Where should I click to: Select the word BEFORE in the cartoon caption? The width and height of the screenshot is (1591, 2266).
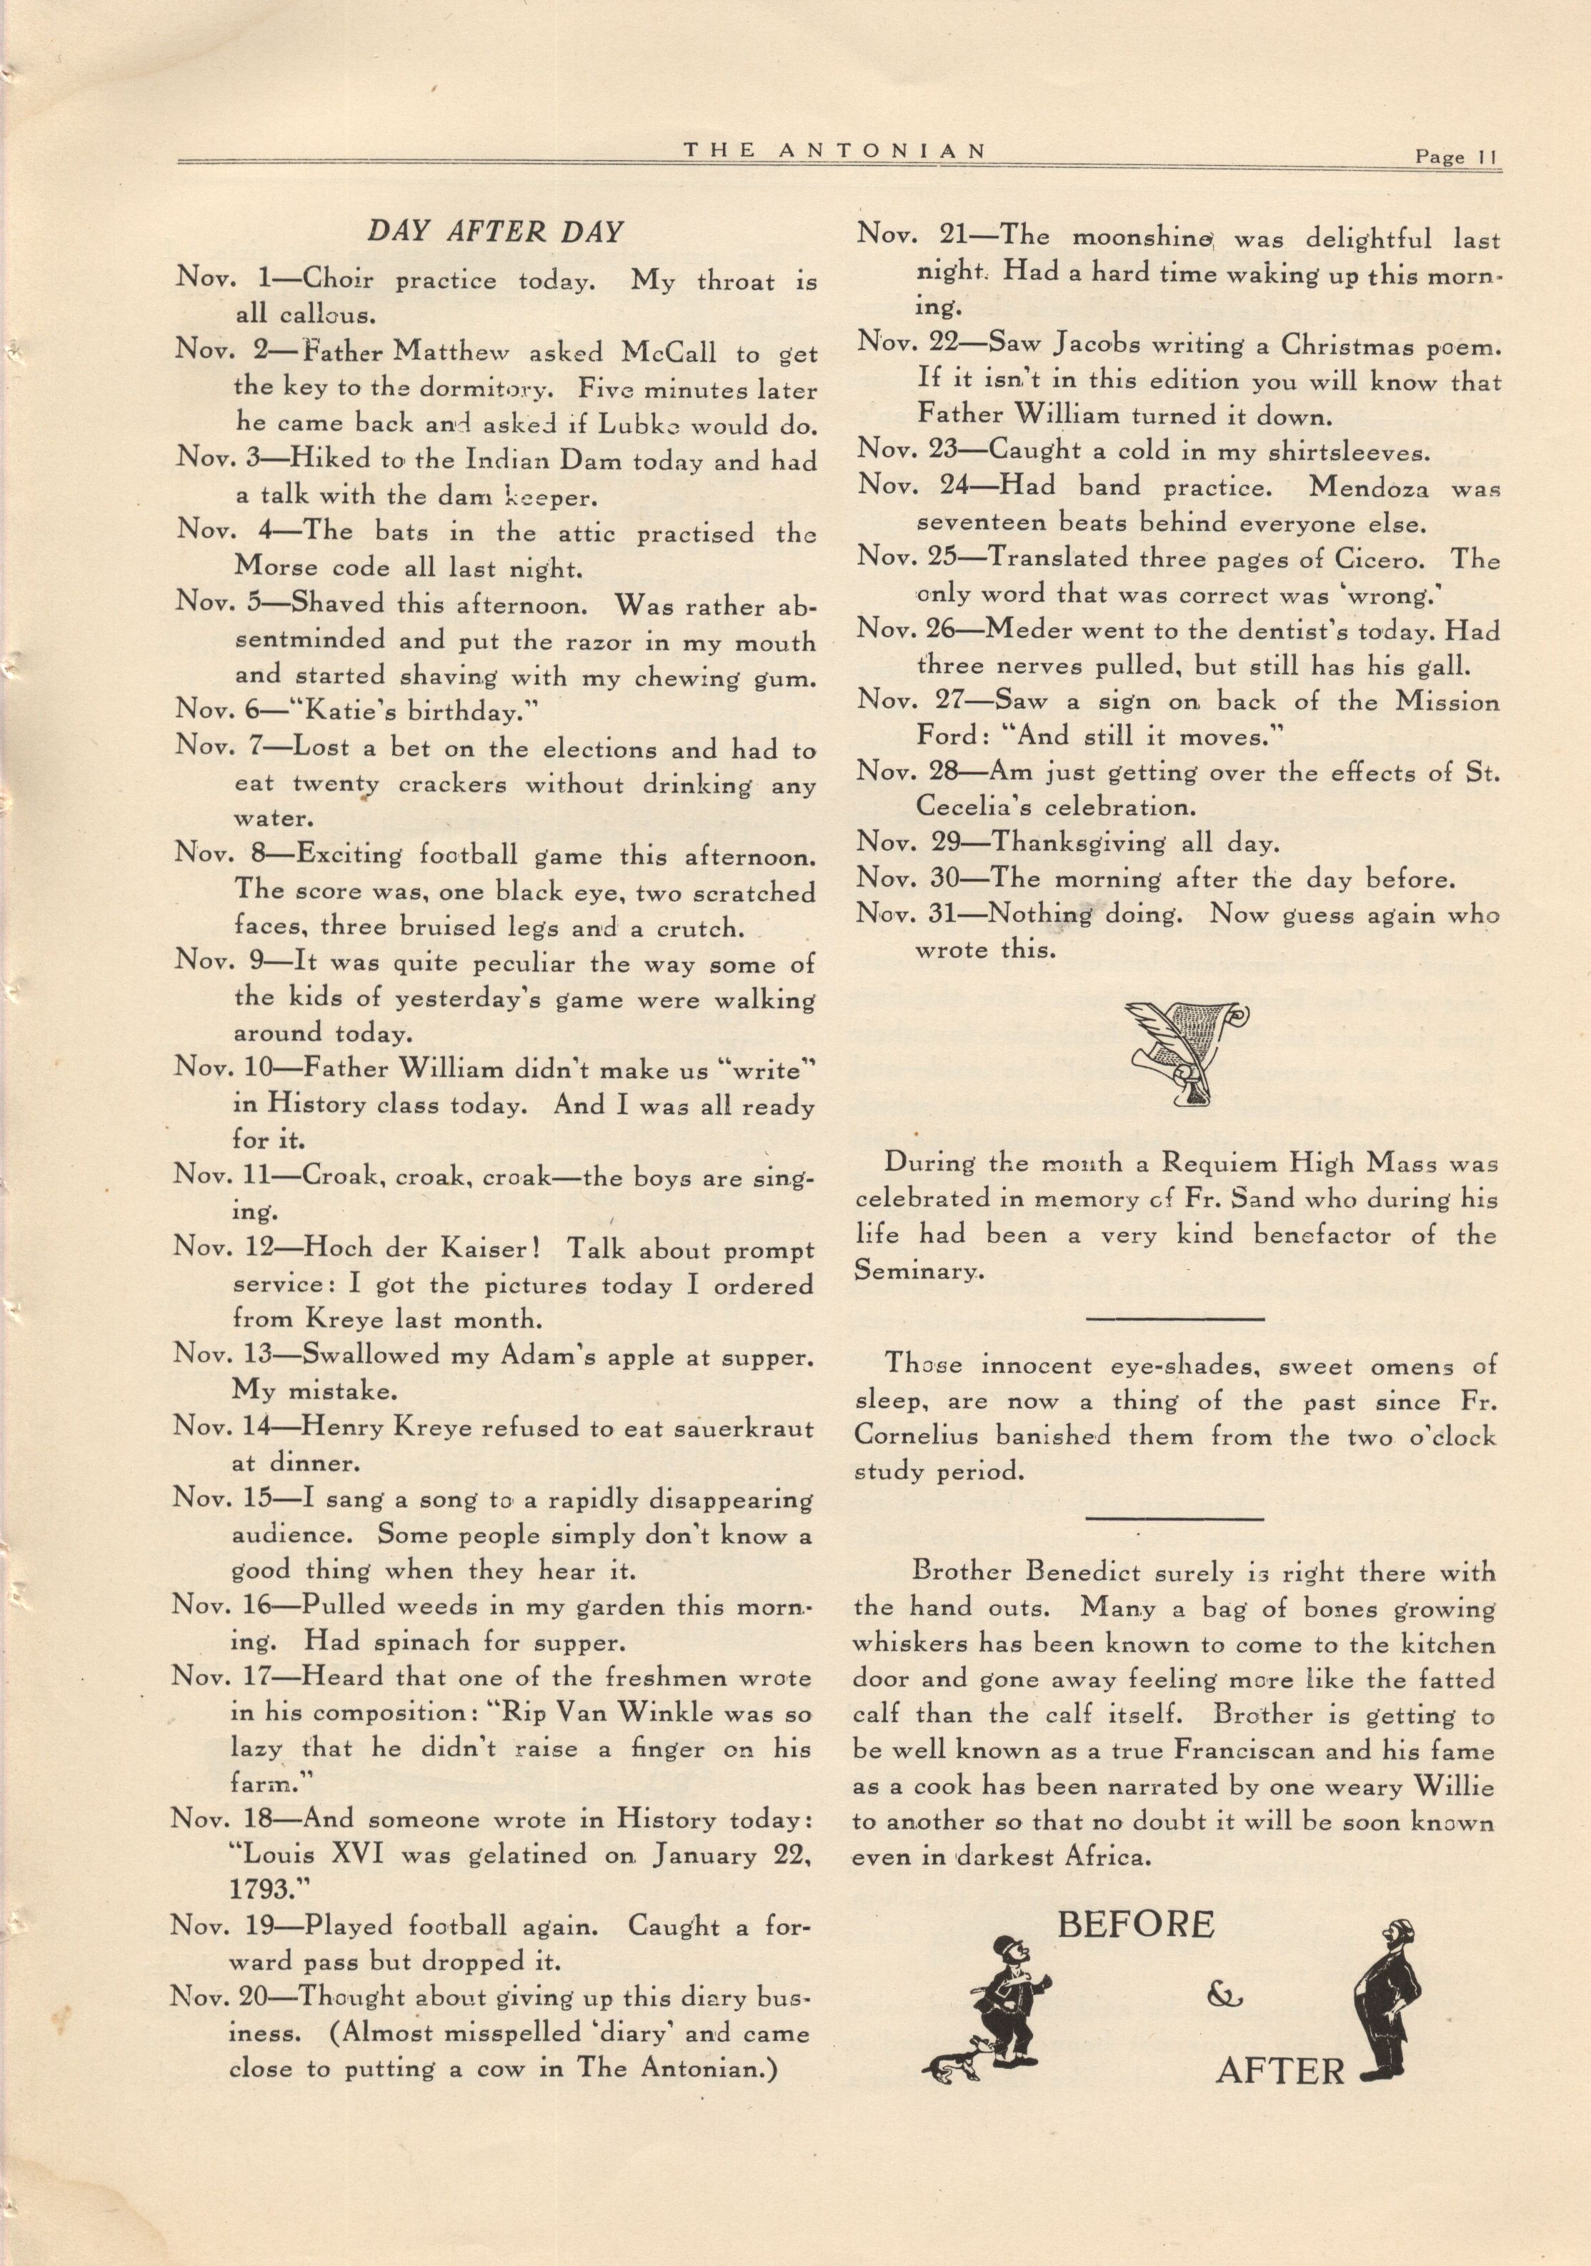click(1136, 1924)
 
